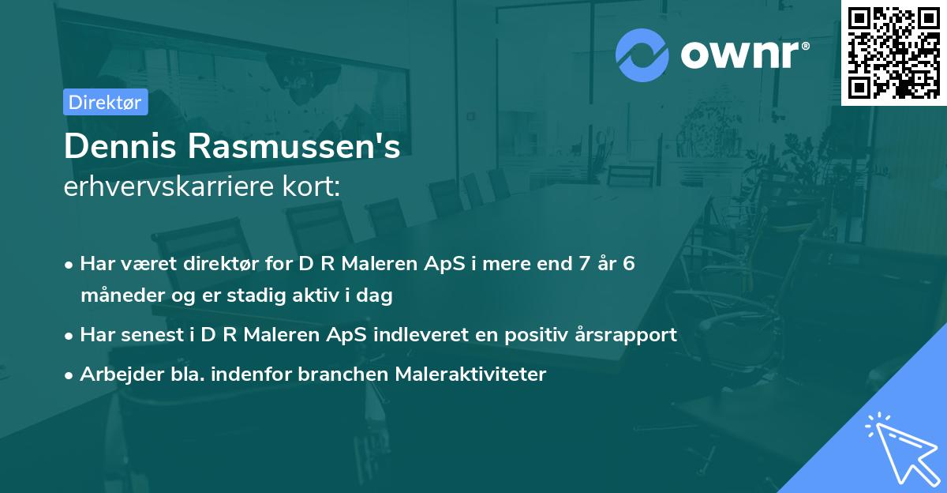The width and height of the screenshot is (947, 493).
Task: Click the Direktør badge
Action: coord(105,102)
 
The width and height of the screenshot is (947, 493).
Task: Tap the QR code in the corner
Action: coord(893,52)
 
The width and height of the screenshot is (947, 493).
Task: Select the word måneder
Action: coord(118,296)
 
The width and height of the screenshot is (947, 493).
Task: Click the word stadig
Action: coord(266,296)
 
